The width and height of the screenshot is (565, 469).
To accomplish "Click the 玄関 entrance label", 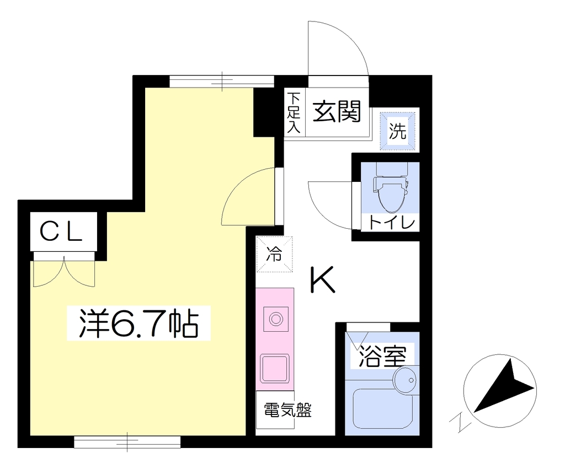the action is click(x=337, y=111).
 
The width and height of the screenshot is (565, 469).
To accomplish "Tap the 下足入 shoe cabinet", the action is click(x=295, y=112).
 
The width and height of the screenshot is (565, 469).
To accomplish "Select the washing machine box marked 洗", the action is click(x=398, y=131).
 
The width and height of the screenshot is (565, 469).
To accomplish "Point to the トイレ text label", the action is click(x=392, y=223).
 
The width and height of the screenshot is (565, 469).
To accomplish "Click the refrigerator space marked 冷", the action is click(x=274, y=254).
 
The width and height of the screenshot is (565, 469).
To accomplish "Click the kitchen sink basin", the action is click(x=275, y=368).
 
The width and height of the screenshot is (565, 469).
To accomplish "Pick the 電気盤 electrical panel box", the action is click(x=275, y=409).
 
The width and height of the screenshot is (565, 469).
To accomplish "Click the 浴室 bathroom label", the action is click(x=382, y=356).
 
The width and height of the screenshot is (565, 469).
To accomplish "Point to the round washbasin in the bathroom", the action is click(x=405, y=380).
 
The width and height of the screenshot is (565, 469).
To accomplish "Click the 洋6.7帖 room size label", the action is click(x=138, y=323).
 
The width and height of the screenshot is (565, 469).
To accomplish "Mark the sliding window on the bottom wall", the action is click(x=127, y=442).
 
